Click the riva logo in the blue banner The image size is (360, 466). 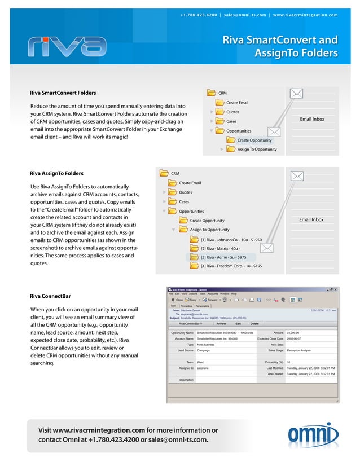pos(66,47)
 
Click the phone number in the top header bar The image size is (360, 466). pos(199,15)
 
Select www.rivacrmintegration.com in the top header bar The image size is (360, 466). pos(305,15)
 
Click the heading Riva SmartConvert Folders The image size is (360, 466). pos(63,93)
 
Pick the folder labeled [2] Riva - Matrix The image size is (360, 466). pos(220,248)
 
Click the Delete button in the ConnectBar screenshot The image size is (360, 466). pos(254,324)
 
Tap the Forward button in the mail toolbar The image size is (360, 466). pos(211,300)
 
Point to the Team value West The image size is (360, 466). pos(200,362)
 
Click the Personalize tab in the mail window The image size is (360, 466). pos(203,306)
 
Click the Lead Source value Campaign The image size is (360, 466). pos(204,350)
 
